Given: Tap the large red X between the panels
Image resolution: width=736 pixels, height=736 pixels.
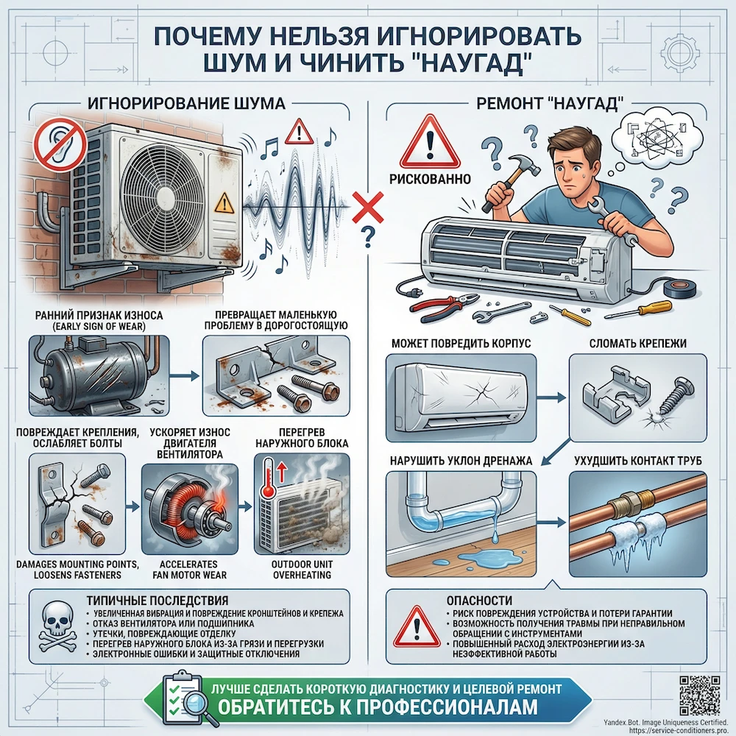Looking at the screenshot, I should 366,208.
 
